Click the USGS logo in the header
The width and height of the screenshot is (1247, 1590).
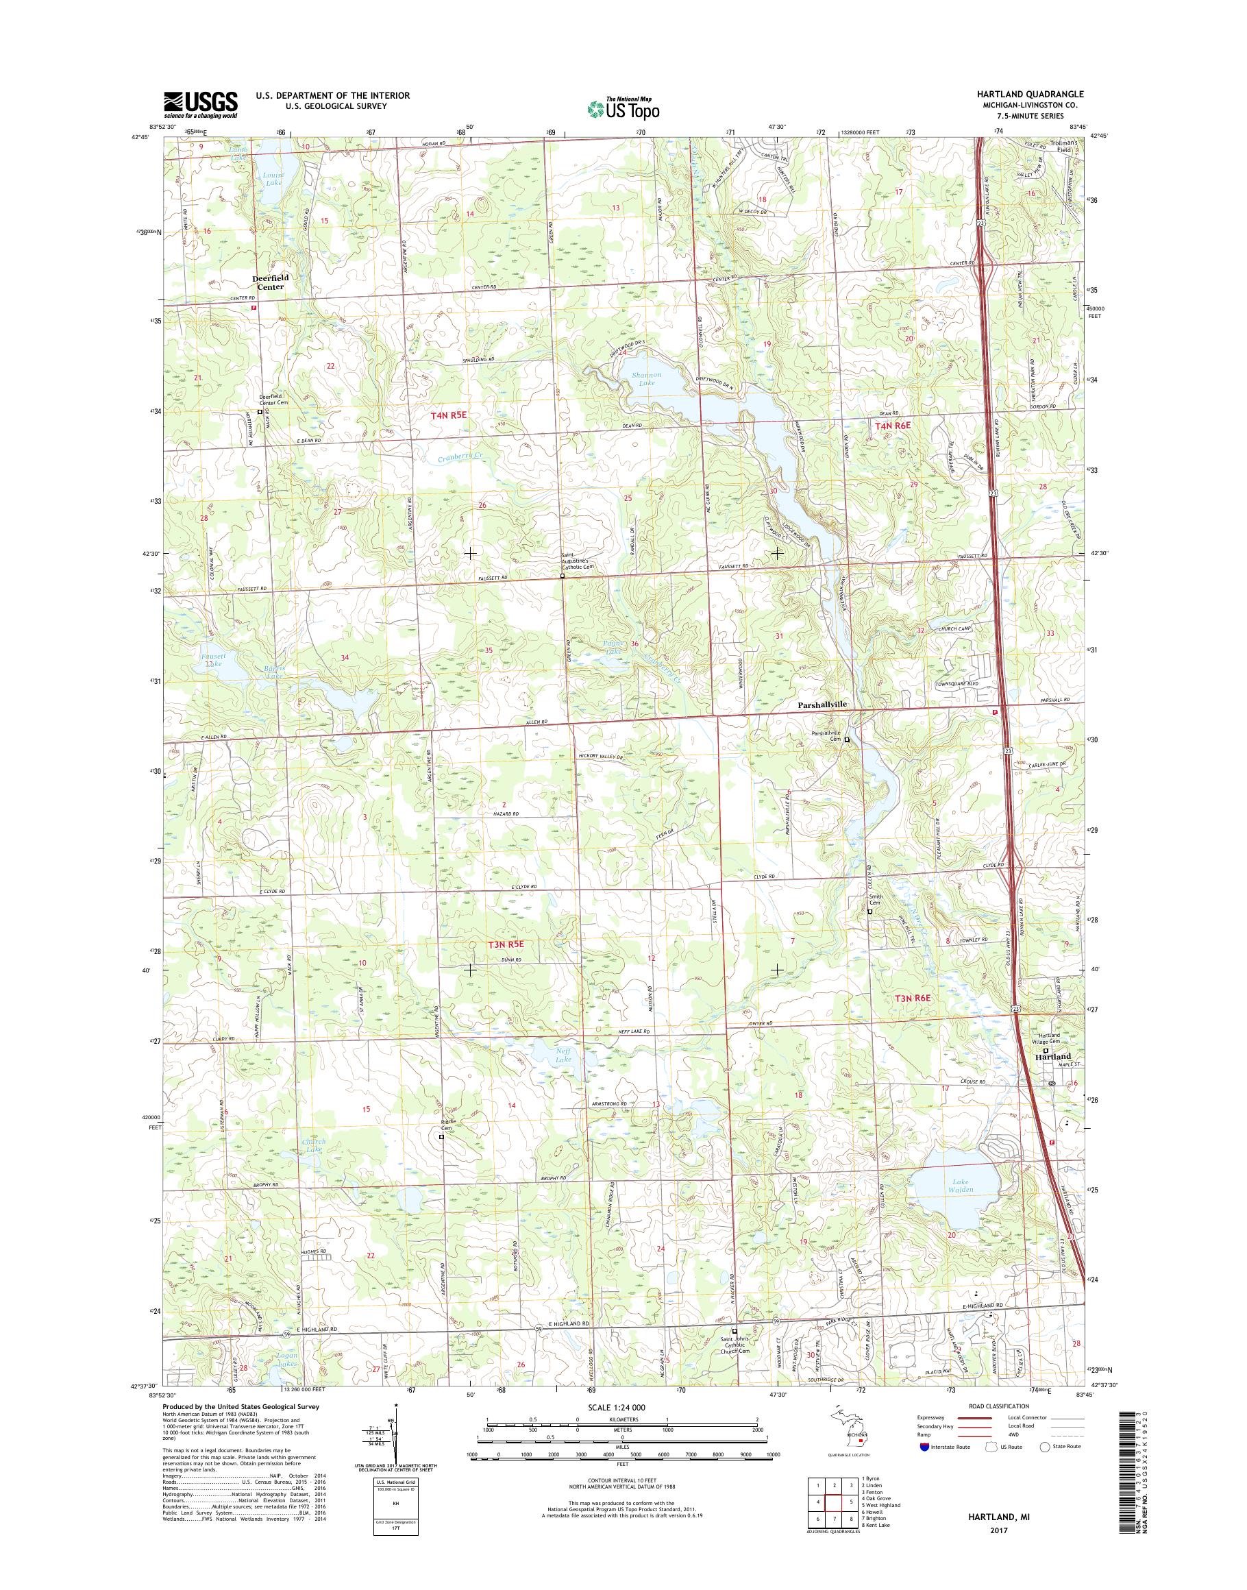(200, 105)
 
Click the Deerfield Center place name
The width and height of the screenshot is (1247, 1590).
(271, 282)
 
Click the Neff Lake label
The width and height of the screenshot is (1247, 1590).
(562, 1055)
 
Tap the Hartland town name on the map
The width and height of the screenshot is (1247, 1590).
(1052, 1056)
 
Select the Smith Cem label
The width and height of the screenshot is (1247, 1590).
(876, 900)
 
